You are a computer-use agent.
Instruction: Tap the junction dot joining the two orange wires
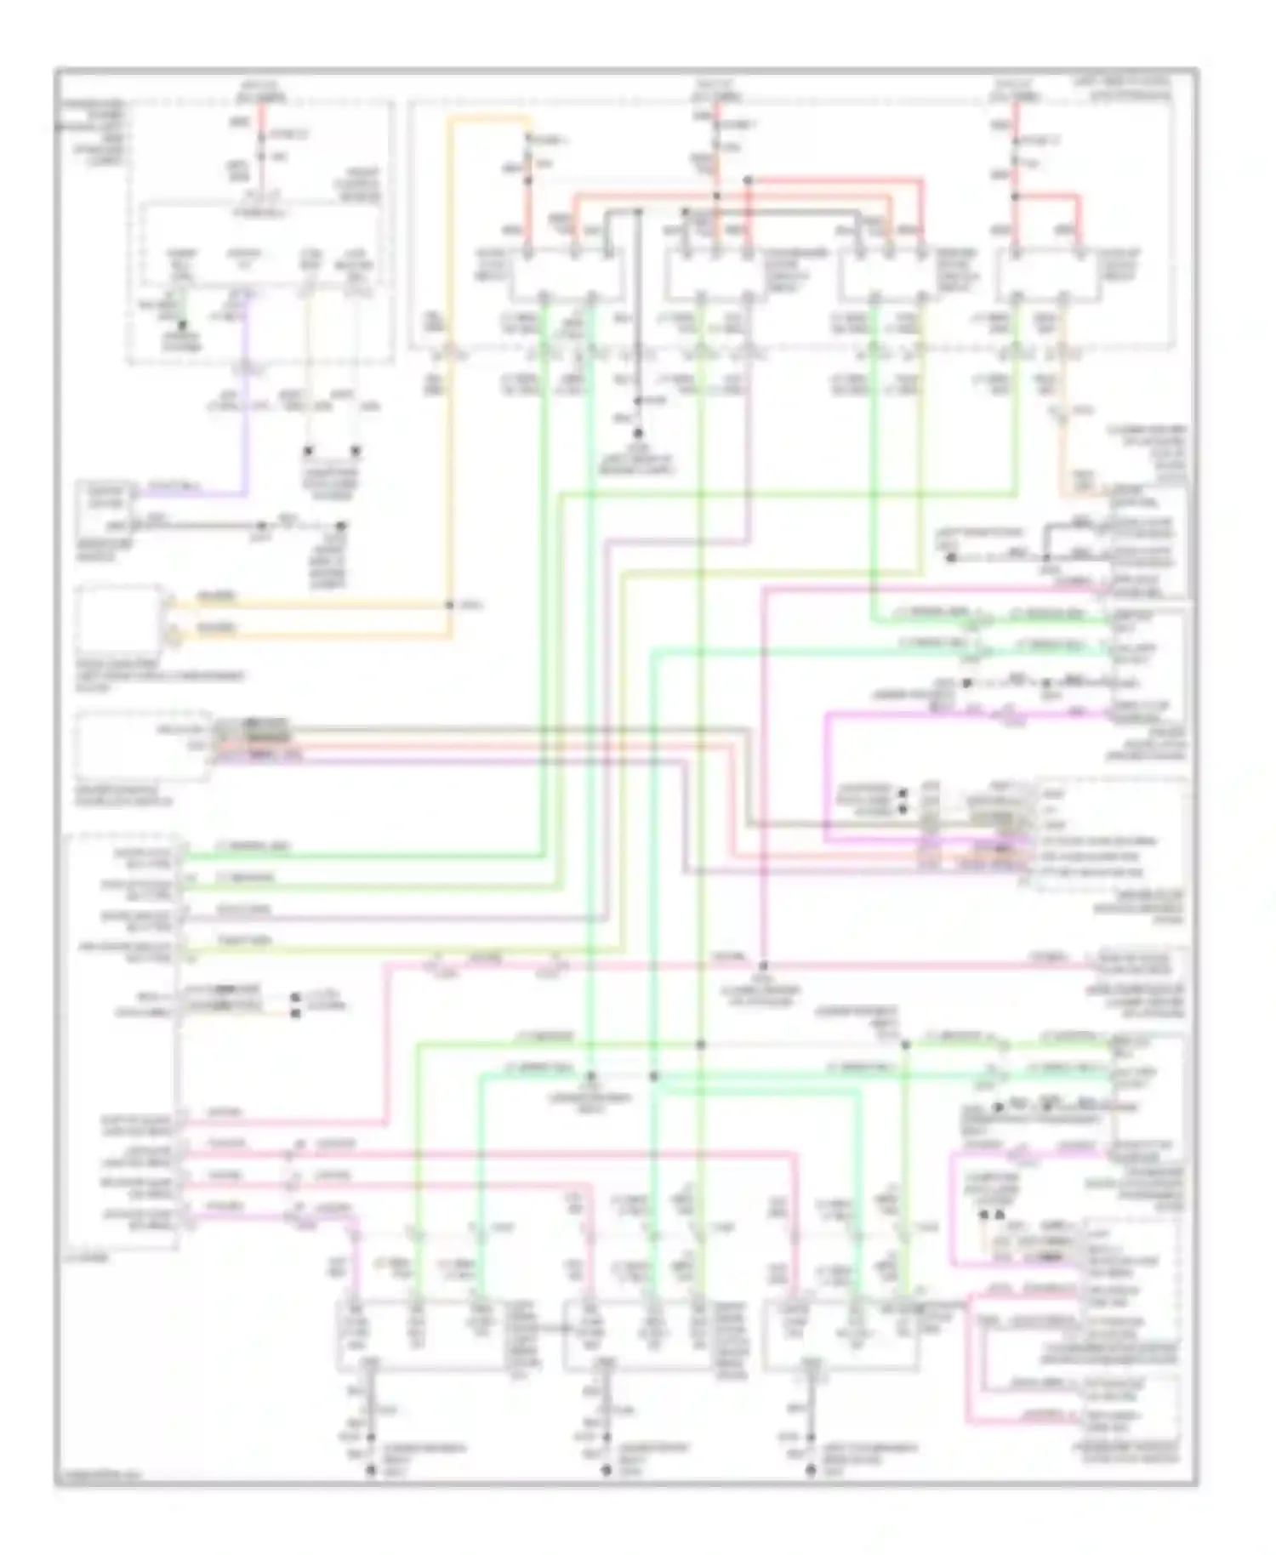tap(450, 606)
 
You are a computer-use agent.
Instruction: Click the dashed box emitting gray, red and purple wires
tap(141, 746)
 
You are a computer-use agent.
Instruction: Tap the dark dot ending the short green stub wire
tap(181, 324)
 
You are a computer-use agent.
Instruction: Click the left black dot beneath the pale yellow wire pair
tap(309, 451)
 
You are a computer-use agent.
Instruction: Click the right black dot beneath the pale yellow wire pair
tap(356, 451)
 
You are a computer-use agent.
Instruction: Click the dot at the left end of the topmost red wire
tap(748, 180)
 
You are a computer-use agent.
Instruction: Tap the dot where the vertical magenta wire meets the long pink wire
tap(763, 966)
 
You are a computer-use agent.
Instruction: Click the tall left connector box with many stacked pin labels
tap(123, 1042)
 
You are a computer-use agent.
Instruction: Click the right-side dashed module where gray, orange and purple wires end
tap(1106, 834)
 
